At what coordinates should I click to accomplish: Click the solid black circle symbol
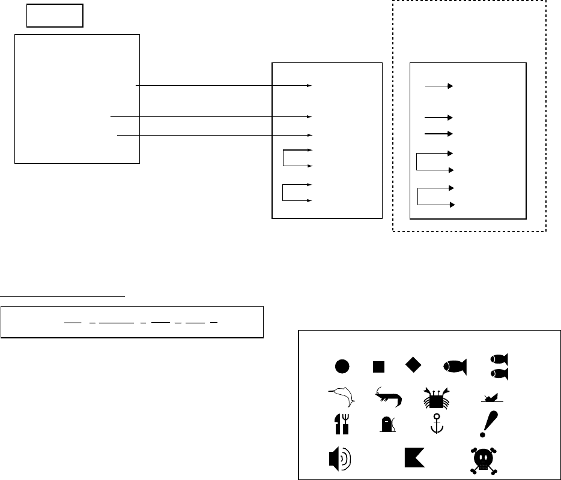point(342,366)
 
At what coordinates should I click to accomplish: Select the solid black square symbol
point(378,366)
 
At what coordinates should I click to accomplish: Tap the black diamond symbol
point(413,364)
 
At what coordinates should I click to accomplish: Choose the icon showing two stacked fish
point(499,366)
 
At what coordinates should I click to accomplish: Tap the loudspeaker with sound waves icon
point(339,460)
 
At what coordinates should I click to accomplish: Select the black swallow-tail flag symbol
point(415,457)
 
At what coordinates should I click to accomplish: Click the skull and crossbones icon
point(487,460)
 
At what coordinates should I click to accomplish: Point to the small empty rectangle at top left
point(55,16)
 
